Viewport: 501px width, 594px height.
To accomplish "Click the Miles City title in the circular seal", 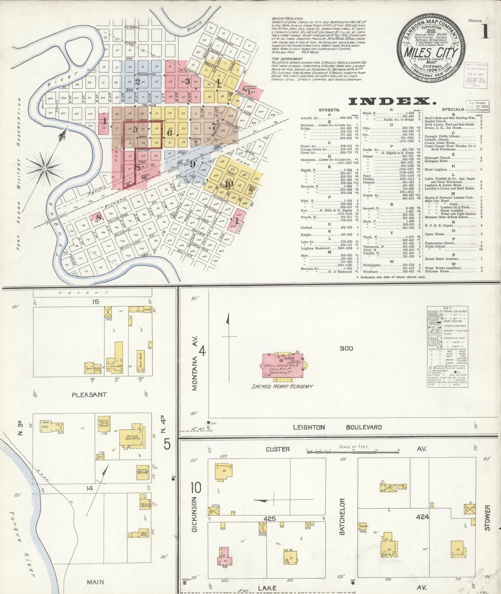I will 431,53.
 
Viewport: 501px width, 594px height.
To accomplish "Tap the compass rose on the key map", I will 45,169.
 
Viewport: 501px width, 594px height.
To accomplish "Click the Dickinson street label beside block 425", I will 195,518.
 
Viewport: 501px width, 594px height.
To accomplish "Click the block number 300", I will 346,348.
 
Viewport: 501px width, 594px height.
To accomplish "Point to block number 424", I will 423,517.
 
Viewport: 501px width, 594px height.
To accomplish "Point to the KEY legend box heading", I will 448,308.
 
